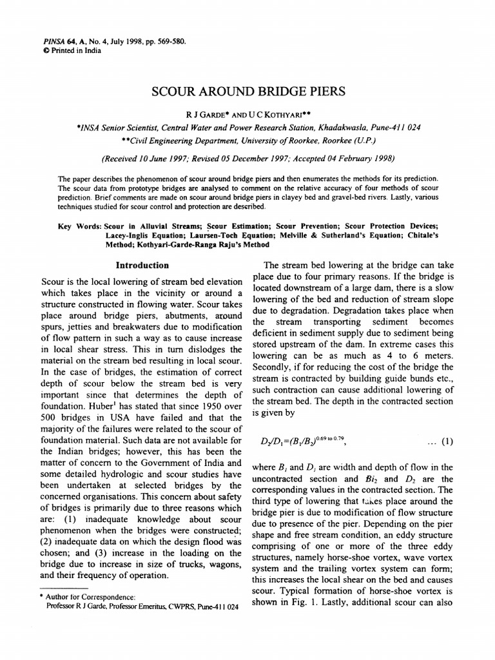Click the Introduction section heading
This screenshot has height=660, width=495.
pos(142,265)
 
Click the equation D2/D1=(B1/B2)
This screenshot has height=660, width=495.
pos(302,442)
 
